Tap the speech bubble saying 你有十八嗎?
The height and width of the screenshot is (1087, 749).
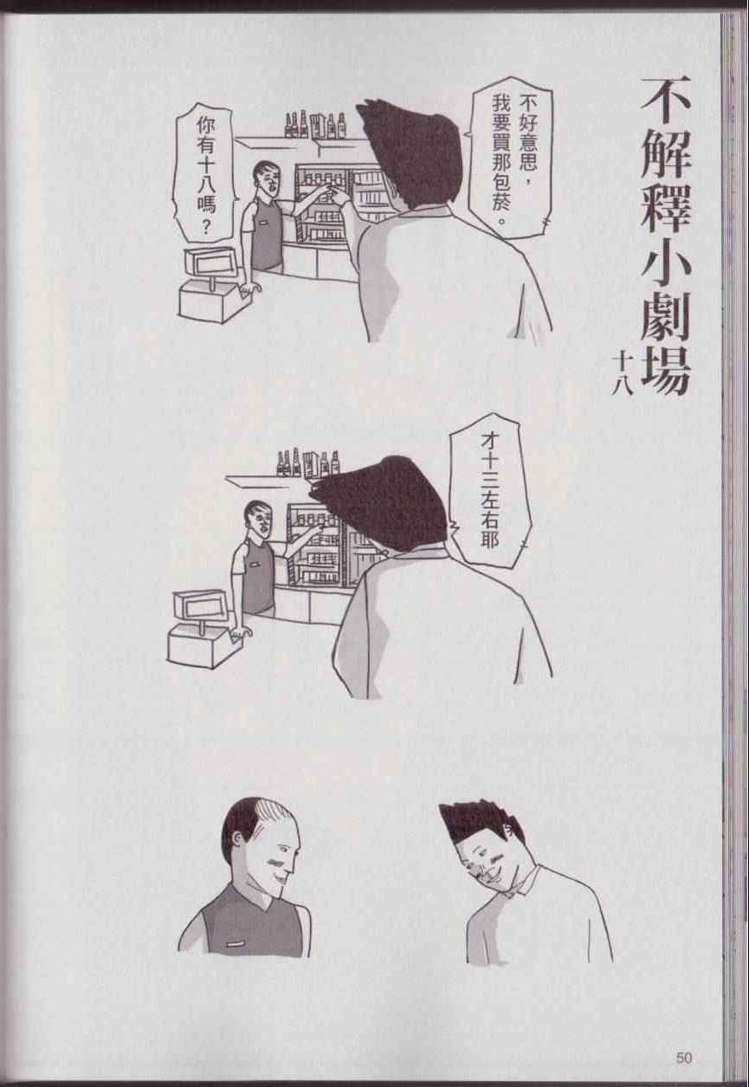pos(204,173)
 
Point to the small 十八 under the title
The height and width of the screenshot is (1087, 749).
pos(622,373)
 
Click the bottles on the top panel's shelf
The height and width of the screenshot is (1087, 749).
pos(316,125)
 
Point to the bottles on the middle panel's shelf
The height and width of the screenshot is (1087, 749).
pos(308,463)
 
